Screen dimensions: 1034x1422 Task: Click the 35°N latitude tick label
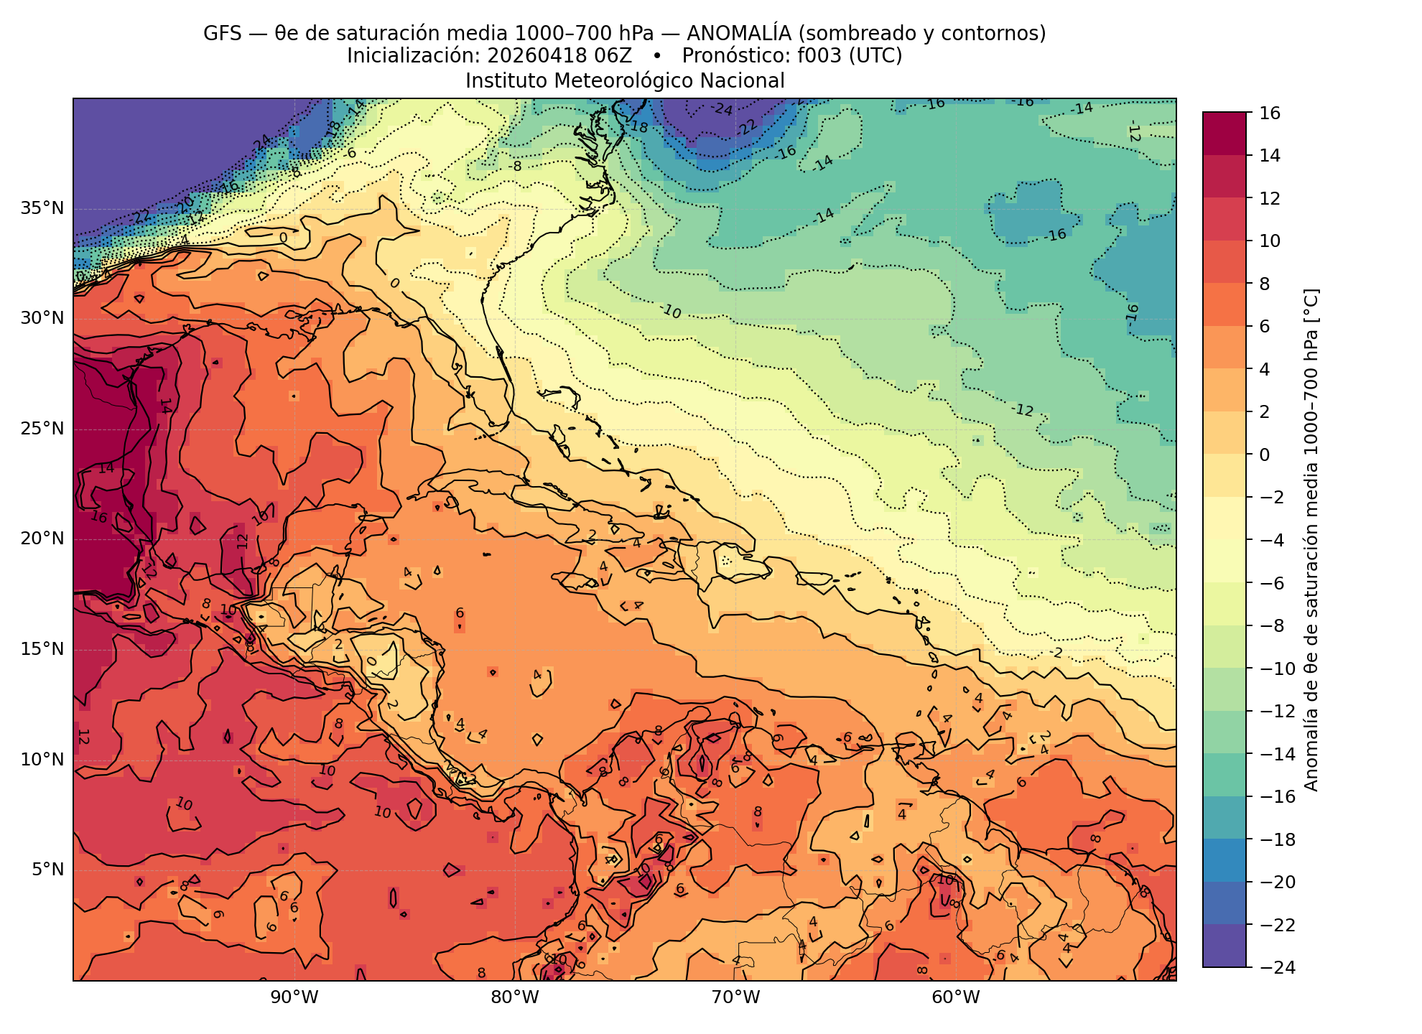click(x=42, y=208)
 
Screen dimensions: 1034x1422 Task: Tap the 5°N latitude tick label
click(x=47, y=870)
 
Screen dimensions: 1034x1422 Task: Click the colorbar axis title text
click(x=1311, y=540)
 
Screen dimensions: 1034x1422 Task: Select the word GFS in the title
click(x=223, y=33)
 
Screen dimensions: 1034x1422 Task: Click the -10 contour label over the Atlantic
click(x=670, y=311)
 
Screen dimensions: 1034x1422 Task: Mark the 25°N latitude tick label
click(x=42, y=429)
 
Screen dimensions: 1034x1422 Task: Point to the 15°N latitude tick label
click(x=42, y=649)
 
